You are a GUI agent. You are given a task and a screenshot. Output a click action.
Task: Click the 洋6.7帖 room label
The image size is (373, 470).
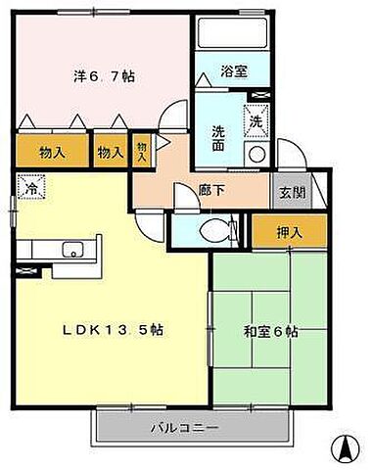point(102,76)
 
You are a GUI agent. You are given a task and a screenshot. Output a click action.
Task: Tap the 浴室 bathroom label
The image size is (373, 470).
point(233,71)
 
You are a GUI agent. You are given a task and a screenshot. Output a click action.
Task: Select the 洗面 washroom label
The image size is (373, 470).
point(220,138)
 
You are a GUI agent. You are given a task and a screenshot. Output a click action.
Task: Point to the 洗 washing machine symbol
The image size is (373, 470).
point(255,121)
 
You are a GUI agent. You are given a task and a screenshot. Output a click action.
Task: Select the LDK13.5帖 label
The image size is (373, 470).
point(114,330)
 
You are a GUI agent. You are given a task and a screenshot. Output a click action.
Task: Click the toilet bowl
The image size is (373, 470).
point(212,231)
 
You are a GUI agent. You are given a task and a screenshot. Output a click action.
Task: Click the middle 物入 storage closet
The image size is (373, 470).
point(110,152)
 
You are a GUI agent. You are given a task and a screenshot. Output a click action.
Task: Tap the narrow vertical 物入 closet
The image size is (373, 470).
point(142,151)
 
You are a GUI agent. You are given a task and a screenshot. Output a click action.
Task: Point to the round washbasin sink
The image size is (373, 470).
point(255,155)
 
